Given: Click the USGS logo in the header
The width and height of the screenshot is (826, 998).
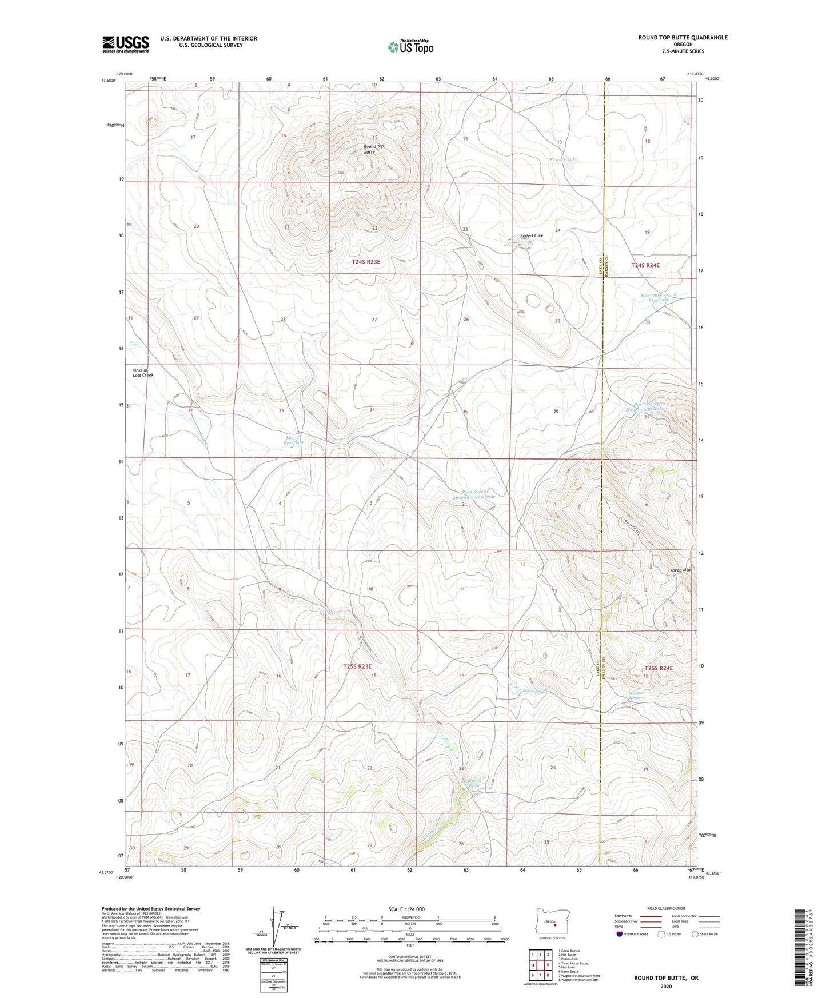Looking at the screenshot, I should click(126, 44).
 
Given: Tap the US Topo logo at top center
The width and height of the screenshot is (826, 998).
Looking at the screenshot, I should click(410, 47).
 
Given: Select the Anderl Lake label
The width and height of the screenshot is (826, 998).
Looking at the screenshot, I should click(532, 235).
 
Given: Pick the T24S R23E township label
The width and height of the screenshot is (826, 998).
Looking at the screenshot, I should click(366, 261).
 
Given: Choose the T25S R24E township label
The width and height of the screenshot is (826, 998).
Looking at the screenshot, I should click(659, 668).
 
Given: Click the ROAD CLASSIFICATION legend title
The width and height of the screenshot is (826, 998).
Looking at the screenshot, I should click(666, 908).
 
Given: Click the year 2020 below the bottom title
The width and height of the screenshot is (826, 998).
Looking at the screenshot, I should click(666, 986).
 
